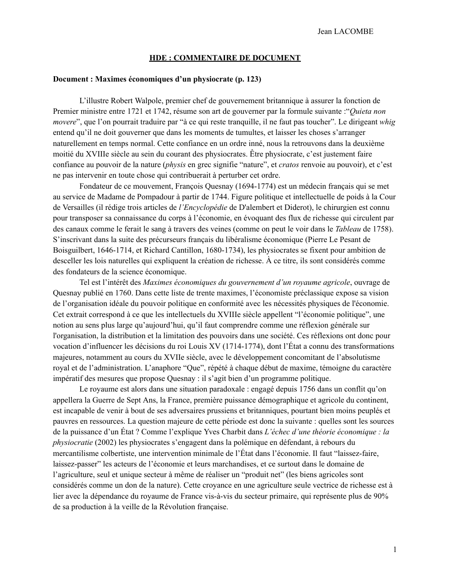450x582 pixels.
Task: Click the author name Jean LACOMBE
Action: click(345, 32)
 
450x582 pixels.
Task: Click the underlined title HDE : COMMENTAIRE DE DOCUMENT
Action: click(225, 58)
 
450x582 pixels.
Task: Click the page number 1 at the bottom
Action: click(395, 549)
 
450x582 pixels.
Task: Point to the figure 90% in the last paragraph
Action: click(380, 496)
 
